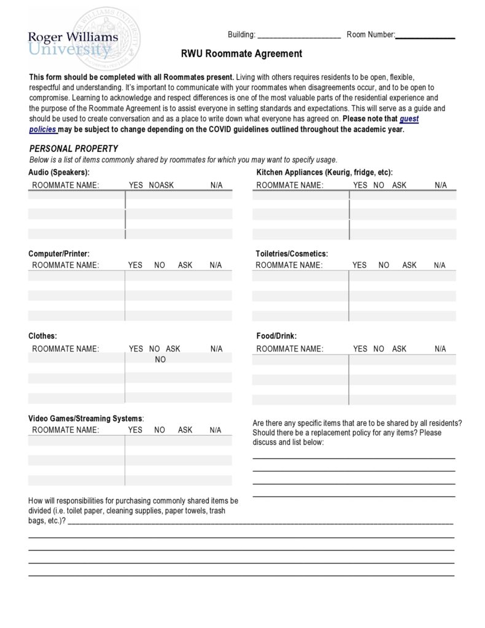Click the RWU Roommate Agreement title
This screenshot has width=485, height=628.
tap(241, 54)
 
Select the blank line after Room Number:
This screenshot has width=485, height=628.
tap(425, 36)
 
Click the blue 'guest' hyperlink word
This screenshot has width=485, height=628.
tap(409, 119)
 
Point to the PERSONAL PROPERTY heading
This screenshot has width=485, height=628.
tap(74, 149)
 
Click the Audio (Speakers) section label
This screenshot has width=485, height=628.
tap(59, 172)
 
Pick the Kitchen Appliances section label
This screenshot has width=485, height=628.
tap(324, 172)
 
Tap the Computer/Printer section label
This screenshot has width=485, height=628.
tap(59, 253)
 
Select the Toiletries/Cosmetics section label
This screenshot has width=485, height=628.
tap(292, 253)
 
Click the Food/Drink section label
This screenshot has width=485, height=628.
tap(276, 336)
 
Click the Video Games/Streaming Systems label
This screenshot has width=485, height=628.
tap(86, 418)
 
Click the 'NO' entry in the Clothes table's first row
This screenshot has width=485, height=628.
tap(160, 360)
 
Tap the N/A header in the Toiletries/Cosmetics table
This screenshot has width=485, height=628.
tap(440, 265)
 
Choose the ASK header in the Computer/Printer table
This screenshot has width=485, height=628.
tap(185, 265)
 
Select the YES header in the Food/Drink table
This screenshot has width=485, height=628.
tap(360, 349)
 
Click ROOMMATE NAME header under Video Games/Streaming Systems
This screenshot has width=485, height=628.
tap(65, 430)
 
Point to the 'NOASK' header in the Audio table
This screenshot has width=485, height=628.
tap(161, 185)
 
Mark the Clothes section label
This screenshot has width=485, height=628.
tap(42, 336)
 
